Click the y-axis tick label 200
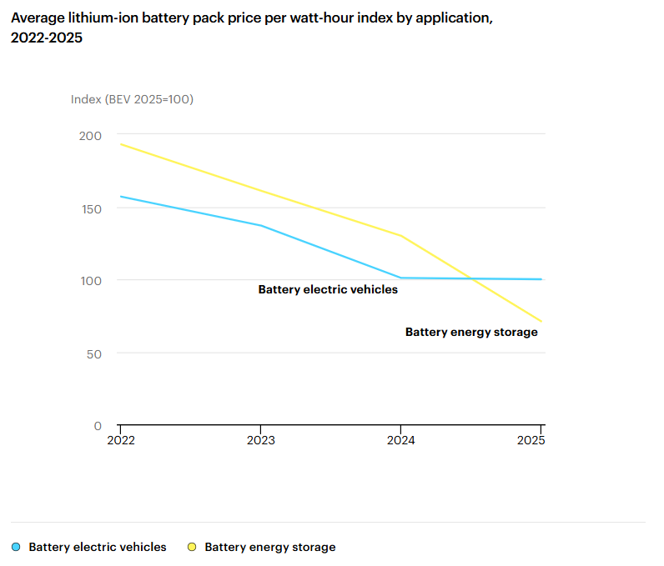[90, 136]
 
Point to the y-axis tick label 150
[90, 208]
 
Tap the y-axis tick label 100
[90, 281]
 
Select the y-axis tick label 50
[93, 353]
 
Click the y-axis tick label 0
[98, 426]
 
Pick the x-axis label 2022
[120, 440]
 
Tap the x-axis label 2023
[260, 440]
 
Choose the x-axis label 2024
[401, 440]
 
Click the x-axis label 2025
[531, 440]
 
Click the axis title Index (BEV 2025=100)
[132, 99]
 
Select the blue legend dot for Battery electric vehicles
[17, 548]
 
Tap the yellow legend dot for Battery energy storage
[192, 548]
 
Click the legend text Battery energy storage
[269, 548]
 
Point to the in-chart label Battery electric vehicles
[328, 290]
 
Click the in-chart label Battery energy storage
[471, 332]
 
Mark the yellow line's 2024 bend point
[401, 236]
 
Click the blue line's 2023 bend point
[261, 225]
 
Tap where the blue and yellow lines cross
[472, 278]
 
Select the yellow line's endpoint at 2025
[541, 321]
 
